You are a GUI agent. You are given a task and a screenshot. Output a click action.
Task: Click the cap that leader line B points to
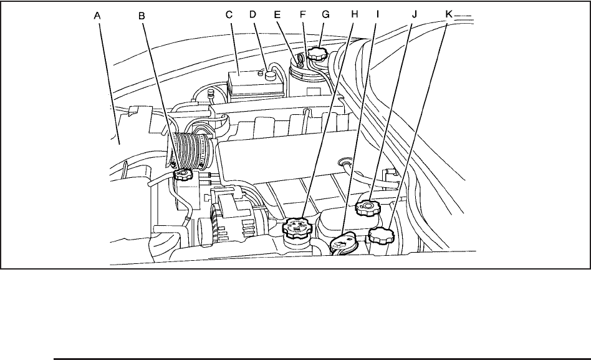(184, 175)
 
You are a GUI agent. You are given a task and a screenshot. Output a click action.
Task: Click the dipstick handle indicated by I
(342, 241)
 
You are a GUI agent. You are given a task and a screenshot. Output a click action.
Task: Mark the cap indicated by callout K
(380, 236)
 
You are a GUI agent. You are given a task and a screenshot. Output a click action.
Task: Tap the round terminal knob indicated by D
(270, 75)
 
